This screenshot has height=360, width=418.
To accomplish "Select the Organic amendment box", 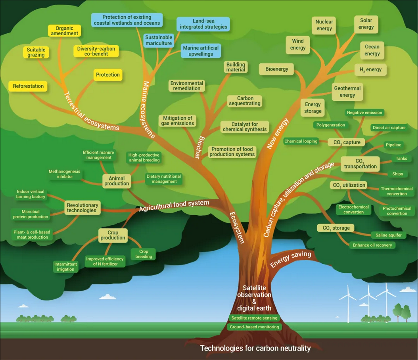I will click(64, 31).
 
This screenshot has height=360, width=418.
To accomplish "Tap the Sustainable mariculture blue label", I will click(158, 40).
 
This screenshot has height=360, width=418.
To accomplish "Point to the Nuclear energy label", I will click(324, 25).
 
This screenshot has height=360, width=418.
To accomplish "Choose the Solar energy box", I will click(366, 24).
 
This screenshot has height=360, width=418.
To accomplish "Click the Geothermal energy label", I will click(347, 92).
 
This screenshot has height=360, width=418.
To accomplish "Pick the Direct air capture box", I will click(389, 128).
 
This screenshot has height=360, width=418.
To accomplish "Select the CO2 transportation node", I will click(360, 164).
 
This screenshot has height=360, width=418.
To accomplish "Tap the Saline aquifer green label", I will click(388, 235).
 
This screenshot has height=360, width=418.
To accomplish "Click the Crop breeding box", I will click(144, 254).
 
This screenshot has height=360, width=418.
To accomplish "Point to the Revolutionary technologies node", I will click(82, 208).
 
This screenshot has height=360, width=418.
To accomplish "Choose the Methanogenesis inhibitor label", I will click(64, 174).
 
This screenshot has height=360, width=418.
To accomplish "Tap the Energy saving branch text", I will click(291, 259).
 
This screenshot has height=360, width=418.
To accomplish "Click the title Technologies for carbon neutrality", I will click(255, 349).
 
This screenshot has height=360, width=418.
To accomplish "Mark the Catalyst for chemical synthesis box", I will click(244, 127).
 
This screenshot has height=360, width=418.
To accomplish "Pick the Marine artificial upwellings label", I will click(201, 51).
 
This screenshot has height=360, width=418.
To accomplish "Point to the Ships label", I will click(397, 174).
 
